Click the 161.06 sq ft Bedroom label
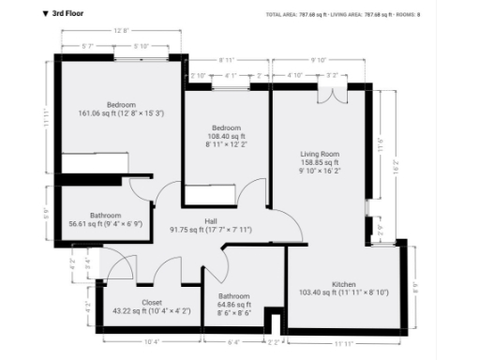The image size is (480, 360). [x=121, y=108]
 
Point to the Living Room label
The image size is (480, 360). [x=319, y=159]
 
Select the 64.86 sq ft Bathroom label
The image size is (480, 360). [x=234, y=300]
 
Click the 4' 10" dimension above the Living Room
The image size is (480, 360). [x=294, y=74]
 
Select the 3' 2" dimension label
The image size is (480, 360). [x=331, y=74]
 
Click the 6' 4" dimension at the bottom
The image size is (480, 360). [x=234, y=341]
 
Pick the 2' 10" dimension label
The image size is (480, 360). [x=198, y=74]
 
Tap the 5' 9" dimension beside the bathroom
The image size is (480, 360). [x=48, y=213]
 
